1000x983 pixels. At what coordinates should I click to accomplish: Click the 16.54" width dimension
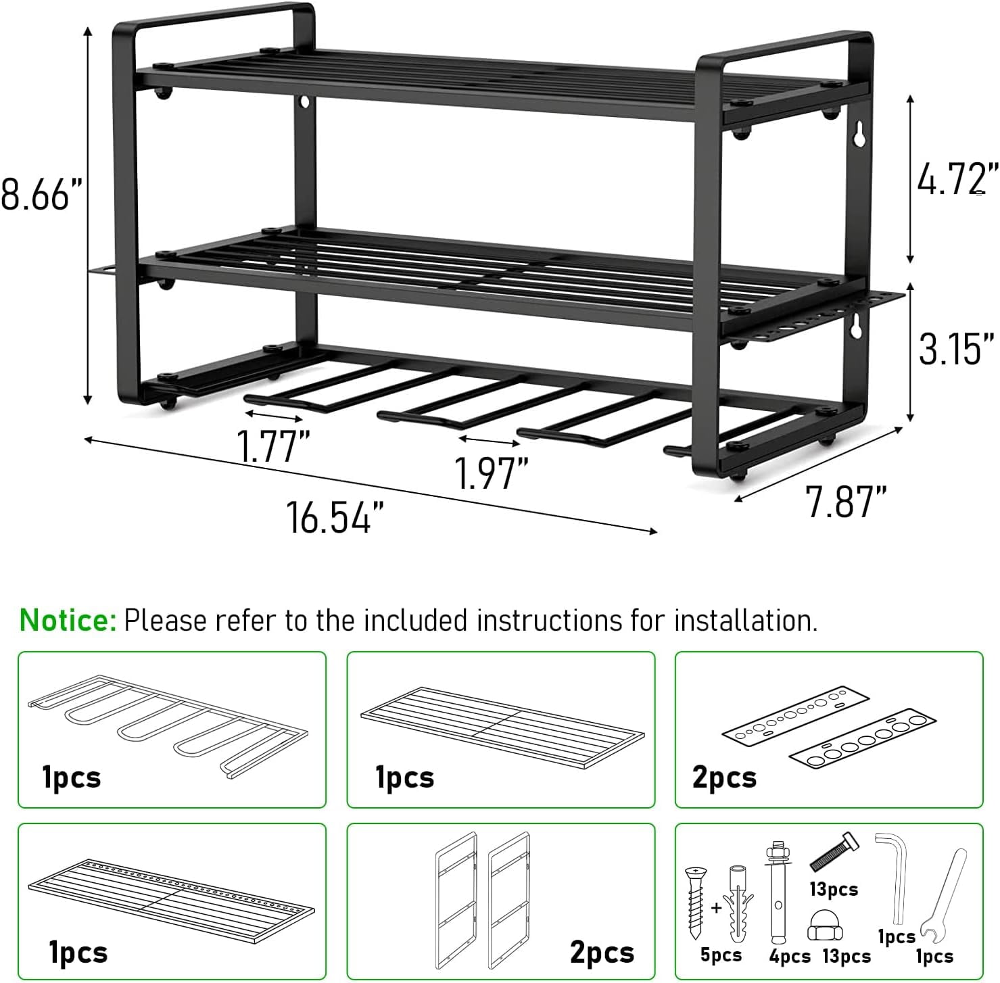click(x=335, y=518)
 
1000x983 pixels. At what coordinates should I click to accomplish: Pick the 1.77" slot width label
click(x=272, y=446)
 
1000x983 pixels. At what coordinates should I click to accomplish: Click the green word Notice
click(x=68, y=620)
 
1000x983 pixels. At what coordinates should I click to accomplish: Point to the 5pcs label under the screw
click(x=720, y=955)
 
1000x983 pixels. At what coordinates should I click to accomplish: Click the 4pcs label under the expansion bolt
click(x=790, y=956)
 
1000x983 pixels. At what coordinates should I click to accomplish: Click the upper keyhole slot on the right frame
click(x=859, y=135)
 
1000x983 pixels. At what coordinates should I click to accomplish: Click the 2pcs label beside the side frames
click(x=602, y=952)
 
